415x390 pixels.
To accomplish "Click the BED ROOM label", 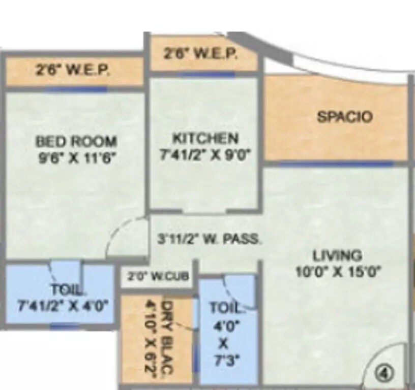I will tap(76, 141).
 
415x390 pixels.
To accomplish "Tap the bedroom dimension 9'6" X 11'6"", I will tap(78, 157).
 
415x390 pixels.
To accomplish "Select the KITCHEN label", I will tap(205, 138).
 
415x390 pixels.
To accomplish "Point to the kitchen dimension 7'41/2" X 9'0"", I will tap(205, 154).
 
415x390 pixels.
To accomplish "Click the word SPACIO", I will tap(344, 117).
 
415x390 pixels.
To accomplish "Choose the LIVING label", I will tap(337, 255).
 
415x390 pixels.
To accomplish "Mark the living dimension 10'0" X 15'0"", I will tap(338, 272).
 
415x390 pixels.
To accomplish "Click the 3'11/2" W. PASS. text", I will tap(209, 239).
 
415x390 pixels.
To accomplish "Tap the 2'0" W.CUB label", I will tap(158, 276).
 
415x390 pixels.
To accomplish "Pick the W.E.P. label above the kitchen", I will tap(200, 55).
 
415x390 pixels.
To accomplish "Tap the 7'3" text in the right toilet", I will tap(223, 362).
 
